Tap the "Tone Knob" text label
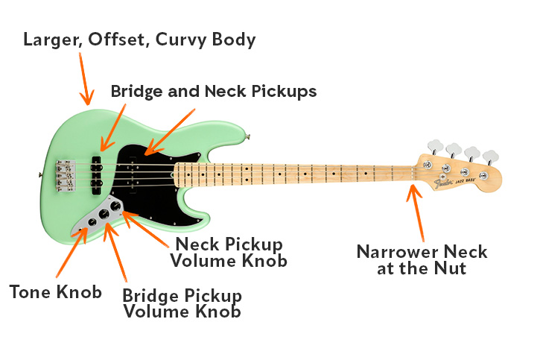(x=55, y=291)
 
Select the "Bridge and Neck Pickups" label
(x=214, y=92)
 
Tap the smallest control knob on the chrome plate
(x=91, y=221)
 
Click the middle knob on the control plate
(x=104, y=214)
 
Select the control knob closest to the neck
(x=115, y=206)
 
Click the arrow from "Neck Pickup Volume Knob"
(x=149, y=227)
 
